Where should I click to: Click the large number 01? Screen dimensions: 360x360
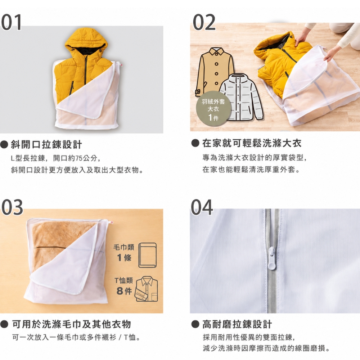(12, 22)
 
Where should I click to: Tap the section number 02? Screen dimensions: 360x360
(204, 22)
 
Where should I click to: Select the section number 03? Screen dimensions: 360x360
(12, 207)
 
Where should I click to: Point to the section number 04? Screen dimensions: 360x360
(202, 207)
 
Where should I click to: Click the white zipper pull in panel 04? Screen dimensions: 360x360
(272, 258)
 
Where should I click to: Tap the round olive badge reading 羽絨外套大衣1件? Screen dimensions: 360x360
(213, 109)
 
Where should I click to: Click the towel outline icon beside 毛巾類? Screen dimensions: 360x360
(147, 255)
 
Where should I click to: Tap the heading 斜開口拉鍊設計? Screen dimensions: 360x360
(46, 145)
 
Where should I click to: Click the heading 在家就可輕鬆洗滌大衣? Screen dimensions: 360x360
(252, 143)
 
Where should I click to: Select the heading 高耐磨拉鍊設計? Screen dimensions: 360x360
(237, 324)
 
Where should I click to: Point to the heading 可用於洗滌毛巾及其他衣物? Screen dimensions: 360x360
(71, 324)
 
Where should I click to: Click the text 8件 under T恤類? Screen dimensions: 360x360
(124, 291)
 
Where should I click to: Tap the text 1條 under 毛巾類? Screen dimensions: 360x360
(124, 258)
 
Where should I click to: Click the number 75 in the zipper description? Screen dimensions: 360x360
(79, 158)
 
